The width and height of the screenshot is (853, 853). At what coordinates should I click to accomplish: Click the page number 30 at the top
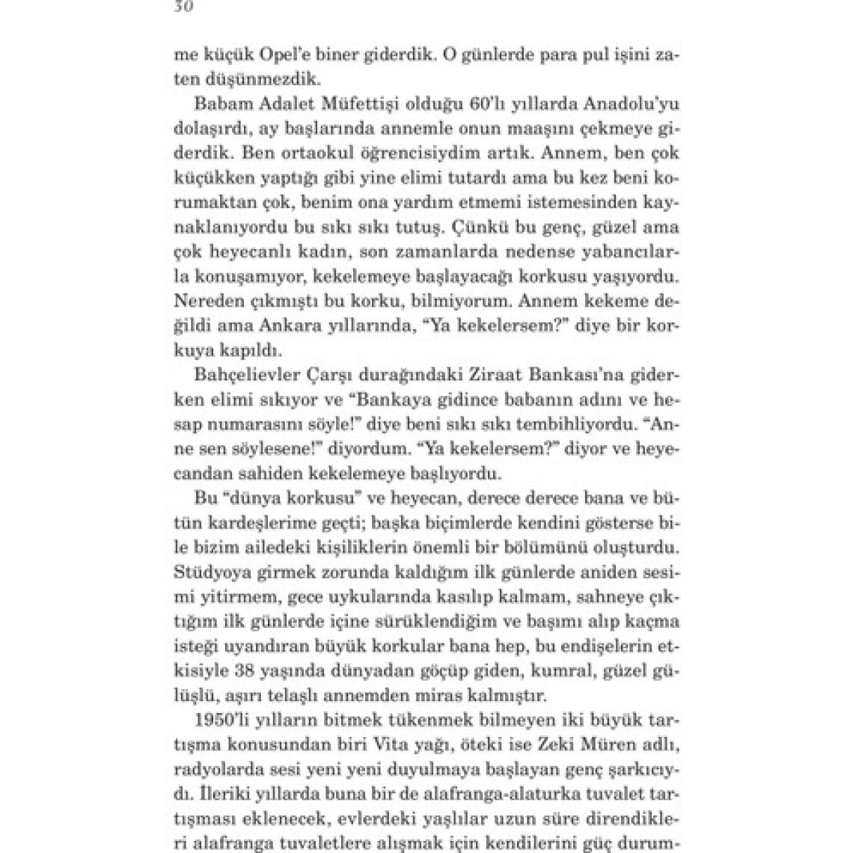(183, 7)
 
